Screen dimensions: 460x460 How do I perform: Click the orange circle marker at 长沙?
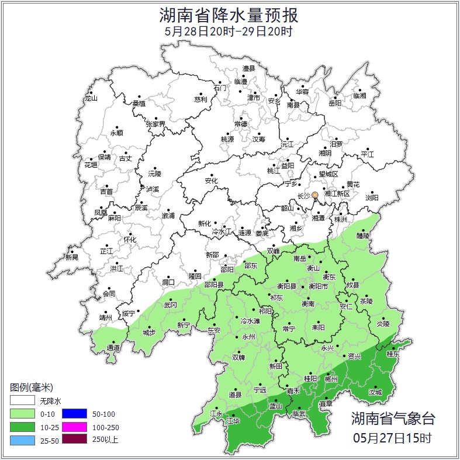[x=315, y=195]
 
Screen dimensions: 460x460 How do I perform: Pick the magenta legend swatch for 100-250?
[x=74, y=427]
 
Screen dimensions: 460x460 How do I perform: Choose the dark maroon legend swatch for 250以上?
[x=74, y=440]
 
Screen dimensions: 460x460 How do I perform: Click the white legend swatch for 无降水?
[x=22, y=402]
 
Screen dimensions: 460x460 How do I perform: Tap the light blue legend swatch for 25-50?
[x=22, y=440]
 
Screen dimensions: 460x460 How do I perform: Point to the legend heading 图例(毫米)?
[x=32, y=388]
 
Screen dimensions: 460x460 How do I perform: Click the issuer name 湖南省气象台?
[x=393, y=418]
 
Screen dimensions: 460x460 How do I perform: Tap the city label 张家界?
[x=155, y=124]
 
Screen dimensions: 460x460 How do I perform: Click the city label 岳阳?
[x=335, y=103]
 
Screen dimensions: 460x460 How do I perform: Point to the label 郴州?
[x=331, y=379]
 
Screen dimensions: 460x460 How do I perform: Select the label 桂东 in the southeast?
[x=393, y=354]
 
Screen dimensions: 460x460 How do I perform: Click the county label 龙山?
[x=91, y=98]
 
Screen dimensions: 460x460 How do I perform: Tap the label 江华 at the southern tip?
[x=233, y=420]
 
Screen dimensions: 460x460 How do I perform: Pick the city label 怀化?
[x=129, y=240]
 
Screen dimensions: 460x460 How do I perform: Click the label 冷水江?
[x=222, y=232]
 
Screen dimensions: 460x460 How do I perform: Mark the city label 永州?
[x=249, y=337]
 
